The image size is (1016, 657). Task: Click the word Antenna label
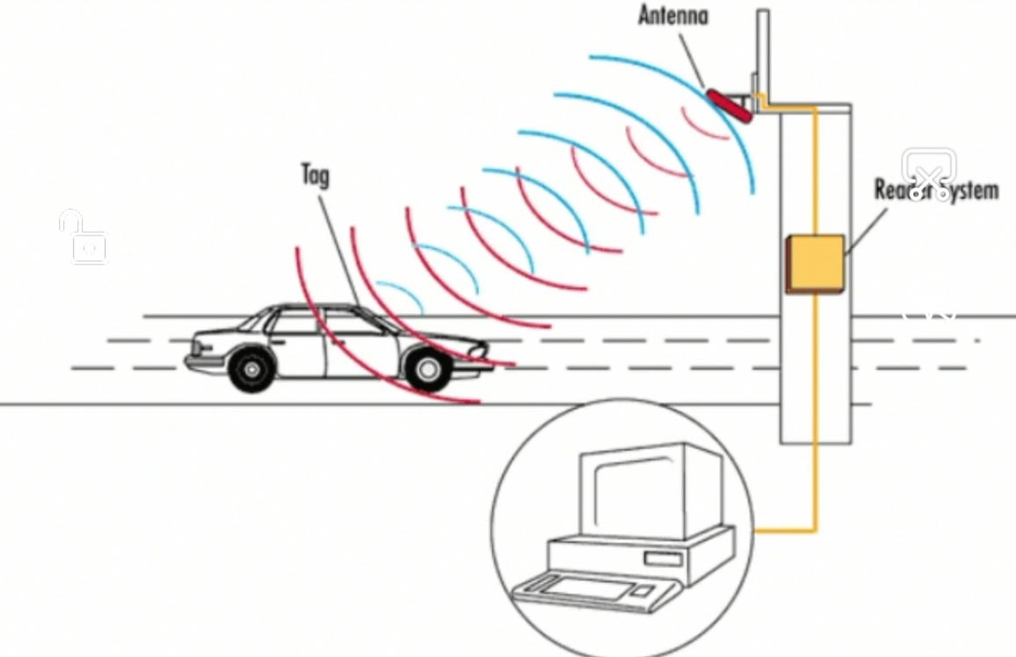coord(672,15)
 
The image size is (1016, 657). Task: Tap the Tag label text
coord(316,175)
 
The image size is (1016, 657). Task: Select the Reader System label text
coord(937,189)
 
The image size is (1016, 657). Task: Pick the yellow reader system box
coord(815,264)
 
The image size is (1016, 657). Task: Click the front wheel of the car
coord(427,369)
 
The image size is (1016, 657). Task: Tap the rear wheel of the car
coord(250,369)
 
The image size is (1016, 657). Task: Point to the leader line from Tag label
coord(338,246)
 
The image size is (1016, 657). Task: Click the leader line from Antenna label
coord(693,57)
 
